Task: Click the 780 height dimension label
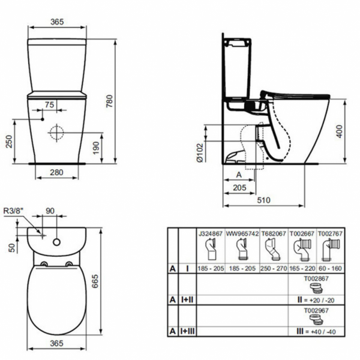point(110,101)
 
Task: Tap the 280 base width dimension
point(56,172)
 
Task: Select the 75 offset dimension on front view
point(49,104)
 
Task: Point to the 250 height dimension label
point(9,142)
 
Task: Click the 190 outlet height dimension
point(96,148)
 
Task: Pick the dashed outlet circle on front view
point(57,133)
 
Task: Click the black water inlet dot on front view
point(43,119)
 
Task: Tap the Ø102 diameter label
point(200,153)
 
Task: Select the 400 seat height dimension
point(339,131)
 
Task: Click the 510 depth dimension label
point(263,200)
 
